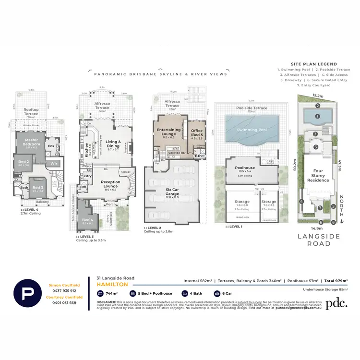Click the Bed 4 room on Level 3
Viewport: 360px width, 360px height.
click(x=88, y=221)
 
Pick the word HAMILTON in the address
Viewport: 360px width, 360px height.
click(x=112, y=284)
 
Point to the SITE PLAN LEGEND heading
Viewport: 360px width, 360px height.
click(x=313, y=64)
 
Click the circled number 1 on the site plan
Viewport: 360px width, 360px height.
click(x=317, y=116)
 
